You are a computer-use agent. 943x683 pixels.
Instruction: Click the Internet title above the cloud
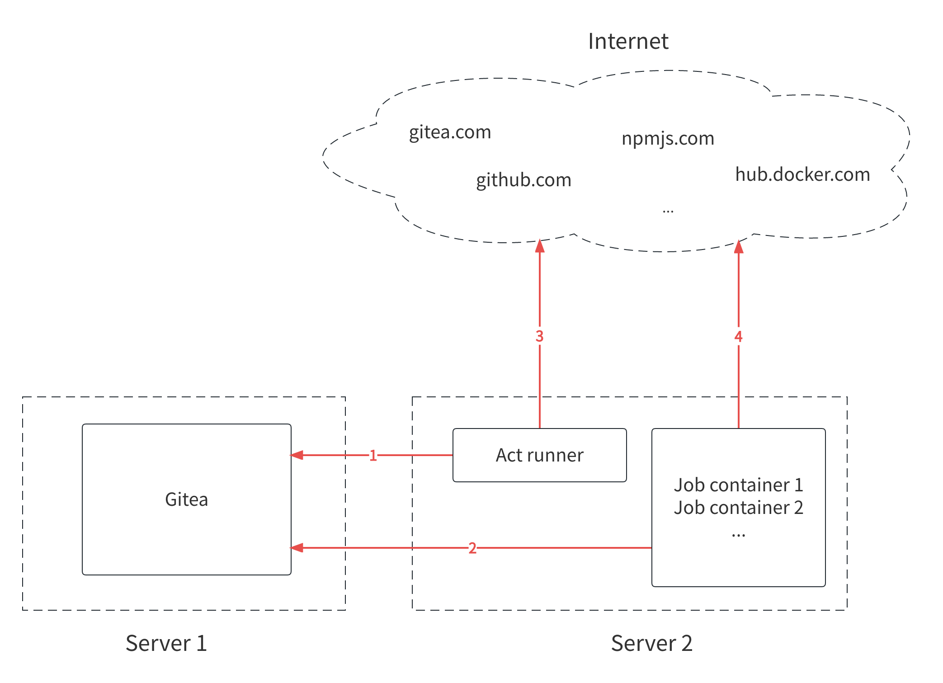(x=627, y=42)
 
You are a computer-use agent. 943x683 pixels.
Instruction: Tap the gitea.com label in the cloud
(x=450, y=132)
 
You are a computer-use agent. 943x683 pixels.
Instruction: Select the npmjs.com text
(x=668, y=138)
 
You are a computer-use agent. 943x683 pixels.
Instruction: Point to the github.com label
(x=523, y=180)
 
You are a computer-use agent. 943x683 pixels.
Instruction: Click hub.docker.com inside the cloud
(x=802, y=174)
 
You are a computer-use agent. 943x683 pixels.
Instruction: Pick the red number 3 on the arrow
(x=539, y=336)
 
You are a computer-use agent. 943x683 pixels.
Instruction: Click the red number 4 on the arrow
(x=738, y=336)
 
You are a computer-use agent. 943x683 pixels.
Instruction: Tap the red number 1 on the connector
(x=373, y=455)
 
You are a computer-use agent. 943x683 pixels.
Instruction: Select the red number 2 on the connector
(x=472, y=548)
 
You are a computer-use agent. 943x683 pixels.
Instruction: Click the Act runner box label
(x=539, y=455)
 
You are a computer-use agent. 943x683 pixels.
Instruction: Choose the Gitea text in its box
(x=186, y=499)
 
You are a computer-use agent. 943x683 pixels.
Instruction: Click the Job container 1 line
(x=738, y=485)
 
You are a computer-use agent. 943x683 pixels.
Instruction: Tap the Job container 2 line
(x=738, y=508)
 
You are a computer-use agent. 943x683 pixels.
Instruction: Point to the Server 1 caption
(x=166, y=643)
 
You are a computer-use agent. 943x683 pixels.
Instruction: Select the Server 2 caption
(x=651, y=643)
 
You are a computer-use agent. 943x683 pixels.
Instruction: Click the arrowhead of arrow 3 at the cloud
(x=539, y=246)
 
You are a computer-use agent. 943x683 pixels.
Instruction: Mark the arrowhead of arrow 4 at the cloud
(x=738, y=247)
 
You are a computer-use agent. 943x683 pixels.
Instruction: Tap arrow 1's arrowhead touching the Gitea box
(x=297, y=455)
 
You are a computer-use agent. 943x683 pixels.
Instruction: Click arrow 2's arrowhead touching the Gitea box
(x=297, y=548)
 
